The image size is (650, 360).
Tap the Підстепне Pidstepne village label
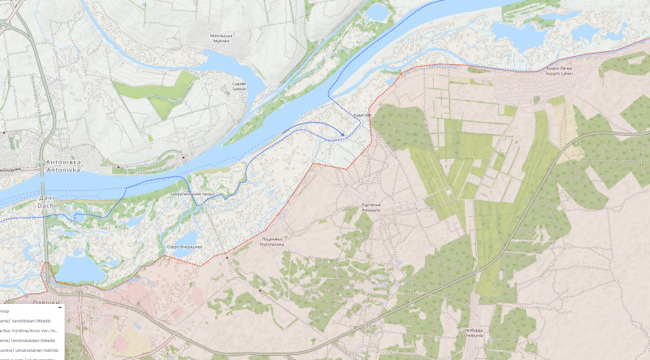(371, 206)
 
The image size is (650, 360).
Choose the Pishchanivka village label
(271, 241)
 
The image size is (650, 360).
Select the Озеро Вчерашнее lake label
(184, 246)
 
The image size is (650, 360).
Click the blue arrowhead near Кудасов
(344, 134)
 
